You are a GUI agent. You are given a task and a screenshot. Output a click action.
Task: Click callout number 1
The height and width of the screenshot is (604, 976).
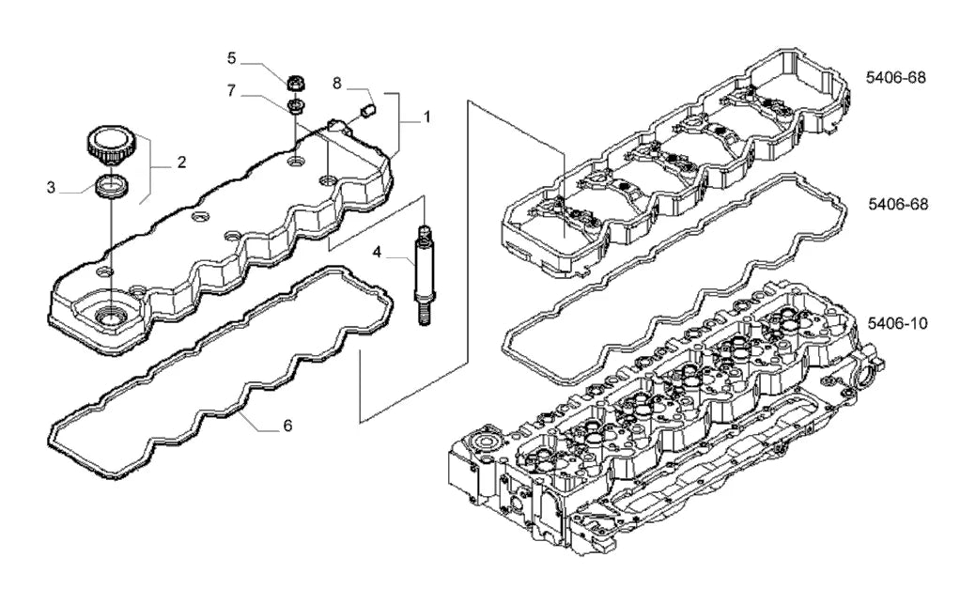[427, 117]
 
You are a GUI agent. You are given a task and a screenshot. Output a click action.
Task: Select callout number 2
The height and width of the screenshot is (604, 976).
[181, 163]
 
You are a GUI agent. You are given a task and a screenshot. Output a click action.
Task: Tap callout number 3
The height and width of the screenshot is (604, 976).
[51, 188]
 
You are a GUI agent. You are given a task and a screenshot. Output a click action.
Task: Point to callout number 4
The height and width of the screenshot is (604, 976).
[378, 252]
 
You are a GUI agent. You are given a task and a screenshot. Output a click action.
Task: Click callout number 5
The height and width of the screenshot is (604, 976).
[231, 58]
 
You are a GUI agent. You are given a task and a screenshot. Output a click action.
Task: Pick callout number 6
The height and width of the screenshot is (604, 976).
[287, 426]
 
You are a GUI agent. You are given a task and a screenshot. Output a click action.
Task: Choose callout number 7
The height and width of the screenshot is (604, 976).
[231, 91]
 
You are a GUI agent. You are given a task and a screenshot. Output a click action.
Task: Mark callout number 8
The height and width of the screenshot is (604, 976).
[336, 83]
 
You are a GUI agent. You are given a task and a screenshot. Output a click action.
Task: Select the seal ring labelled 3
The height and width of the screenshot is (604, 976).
[112, 186]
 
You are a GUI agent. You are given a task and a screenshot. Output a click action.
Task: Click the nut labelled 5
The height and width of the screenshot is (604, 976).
[296, 82]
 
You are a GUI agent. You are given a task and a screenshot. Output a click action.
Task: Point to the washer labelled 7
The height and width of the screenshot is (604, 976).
[296, 104]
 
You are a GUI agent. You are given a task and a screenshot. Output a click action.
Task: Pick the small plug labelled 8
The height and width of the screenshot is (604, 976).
[366, 111]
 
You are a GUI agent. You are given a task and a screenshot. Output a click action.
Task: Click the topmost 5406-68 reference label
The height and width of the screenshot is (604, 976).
[896, 78]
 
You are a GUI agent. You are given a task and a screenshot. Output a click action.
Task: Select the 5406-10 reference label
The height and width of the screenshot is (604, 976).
[898, 324]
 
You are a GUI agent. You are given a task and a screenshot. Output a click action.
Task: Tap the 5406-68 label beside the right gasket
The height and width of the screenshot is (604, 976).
[898, 204]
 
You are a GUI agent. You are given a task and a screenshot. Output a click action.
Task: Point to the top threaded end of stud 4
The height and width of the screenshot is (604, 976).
[424, 233]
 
